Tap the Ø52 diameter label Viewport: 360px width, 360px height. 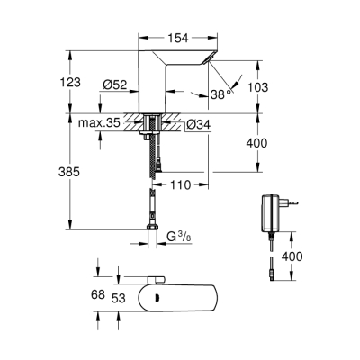(112, 85)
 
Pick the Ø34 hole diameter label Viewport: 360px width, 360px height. (199, 124)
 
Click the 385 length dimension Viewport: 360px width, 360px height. (80, 171)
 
